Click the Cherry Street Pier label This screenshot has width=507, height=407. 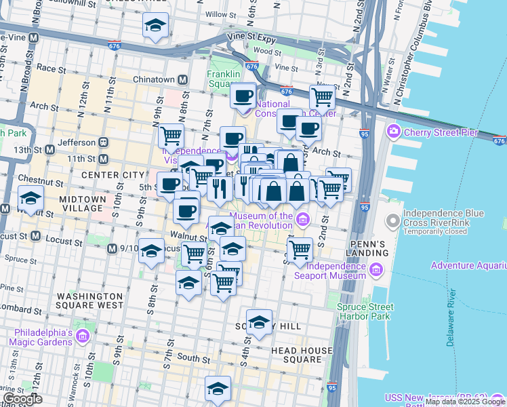(441, 132)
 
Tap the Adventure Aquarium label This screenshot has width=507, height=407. (468, 265)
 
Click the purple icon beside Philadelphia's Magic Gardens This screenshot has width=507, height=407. (82, 336)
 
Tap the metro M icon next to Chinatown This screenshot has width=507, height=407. (182, 80)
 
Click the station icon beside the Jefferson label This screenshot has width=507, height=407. (104, 143)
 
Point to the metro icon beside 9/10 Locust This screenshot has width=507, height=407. (112, 249)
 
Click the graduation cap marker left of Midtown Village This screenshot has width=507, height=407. (31, 199)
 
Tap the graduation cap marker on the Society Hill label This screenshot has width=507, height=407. (258, 324)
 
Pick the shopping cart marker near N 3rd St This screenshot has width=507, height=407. (322, 97)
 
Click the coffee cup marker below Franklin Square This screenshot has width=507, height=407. (243, 95)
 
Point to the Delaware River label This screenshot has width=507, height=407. (451, 319)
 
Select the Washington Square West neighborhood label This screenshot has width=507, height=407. (89, 301)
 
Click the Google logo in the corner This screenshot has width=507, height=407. (23, 400)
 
